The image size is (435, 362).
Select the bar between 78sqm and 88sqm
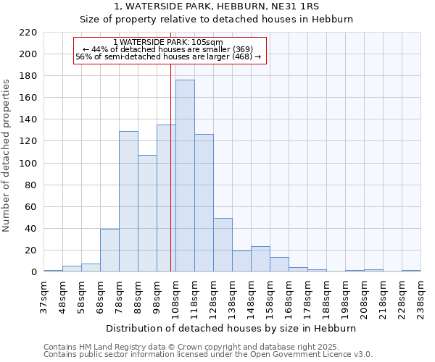coord(128,201)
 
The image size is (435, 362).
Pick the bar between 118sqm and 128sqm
coord(204,203)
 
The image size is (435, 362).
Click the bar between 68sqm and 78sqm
coord(109,251)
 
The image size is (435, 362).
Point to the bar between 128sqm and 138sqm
coord(223,245)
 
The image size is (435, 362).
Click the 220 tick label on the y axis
coord(28,33)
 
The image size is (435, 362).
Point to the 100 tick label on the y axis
coord(28,164)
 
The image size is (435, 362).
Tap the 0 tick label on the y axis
coord(33,272)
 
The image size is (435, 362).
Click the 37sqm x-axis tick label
coord(43,298)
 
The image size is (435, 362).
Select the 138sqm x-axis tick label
coord(232,298)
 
